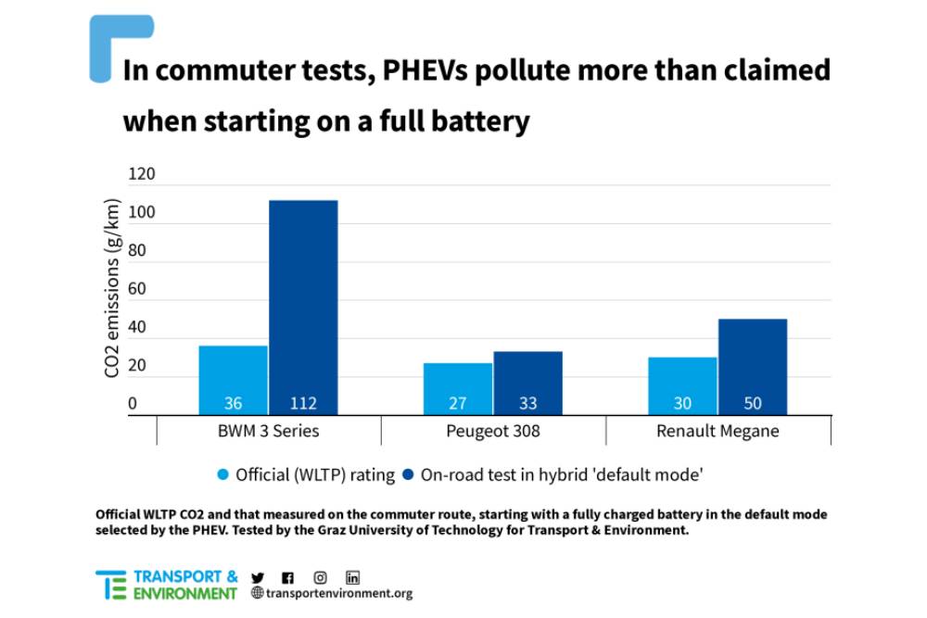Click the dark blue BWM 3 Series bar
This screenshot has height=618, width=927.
click(x=303, y=307)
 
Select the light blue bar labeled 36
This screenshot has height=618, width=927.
click(x=233, y=380)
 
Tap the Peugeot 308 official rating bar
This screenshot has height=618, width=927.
click(x=458, y=388)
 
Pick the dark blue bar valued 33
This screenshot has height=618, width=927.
click(x=527, y=383)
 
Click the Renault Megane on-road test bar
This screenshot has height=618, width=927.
click(x=752, y=367)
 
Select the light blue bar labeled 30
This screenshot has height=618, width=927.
click(x=682, y=385)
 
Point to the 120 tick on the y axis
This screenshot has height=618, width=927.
click(x=141, y=174)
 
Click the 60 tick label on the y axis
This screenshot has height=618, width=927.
click(x=137, y=289)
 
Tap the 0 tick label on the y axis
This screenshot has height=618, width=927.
click(x=132, y=404)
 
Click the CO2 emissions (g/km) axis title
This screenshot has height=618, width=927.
click(x=112, y=288)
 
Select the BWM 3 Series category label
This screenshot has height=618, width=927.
click(x=268, y=431)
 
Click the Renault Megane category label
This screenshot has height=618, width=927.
click(x=717, y=431)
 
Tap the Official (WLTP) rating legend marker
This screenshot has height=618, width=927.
click(x=222, y=475)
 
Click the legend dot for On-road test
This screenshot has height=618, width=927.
click(x=408, y=475)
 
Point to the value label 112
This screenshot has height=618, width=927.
click(x=303, y=404)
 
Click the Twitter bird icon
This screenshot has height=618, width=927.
click(x=257, y=577)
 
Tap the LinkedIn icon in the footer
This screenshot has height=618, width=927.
click(x=352, y=577)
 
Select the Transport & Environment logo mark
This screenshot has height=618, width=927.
click(x=111, y=585)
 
